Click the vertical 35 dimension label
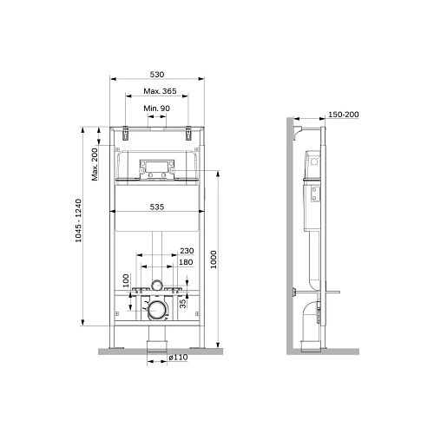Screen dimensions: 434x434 tap(181, 302)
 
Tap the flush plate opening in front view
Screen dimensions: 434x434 tap(156, 167)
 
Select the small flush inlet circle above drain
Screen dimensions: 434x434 tap(156, 284)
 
